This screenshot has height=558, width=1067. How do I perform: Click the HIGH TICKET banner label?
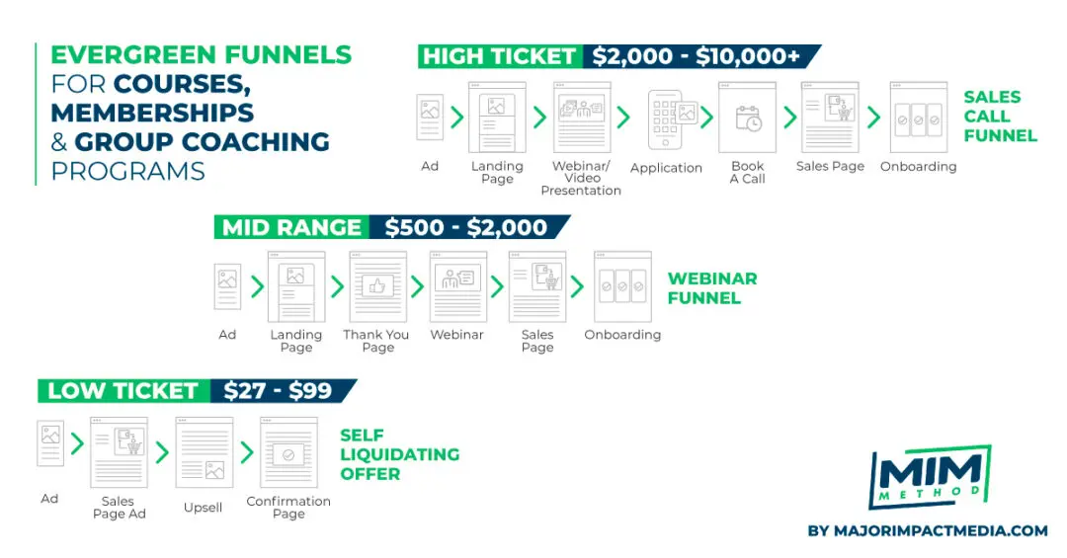[x=500, y=56]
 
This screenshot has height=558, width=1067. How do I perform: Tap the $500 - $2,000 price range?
[x=466, y=227]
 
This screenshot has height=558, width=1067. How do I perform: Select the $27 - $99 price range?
[x=278, y=391]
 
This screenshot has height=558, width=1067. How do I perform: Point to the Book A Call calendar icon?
[x=747, y=118]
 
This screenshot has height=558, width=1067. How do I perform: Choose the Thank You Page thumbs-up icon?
[x=377, y=286]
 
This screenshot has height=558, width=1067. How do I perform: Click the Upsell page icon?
[x=205, y=452]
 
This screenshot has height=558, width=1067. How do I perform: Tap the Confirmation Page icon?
[x=288, y=452]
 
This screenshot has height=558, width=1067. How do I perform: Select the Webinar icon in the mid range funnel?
[x=458, y=286]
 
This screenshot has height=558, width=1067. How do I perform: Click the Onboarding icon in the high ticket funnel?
[x=919, y=118]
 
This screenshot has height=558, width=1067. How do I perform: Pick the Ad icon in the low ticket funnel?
[x=50, y=443]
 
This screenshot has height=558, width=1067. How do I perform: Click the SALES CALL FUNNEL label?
[x=1000, y=117]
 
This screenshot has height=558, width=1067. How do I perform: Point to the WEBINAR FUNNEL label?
[x=712, y=288]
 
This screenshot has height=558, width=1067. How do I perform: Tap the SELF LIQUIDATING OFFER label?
[x=400, y=454]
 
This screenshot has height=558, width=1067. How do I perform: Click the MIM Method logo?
[x=930, y=476]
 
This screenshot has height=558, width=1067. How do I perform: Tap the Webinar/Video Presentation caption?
[x=581, y=179]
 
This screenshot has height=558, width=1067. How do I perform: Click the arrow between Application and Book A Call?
[x=707, y=118]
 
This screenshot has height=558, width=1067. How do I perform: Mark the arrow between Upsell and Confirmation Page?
[x=247, y=452]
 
